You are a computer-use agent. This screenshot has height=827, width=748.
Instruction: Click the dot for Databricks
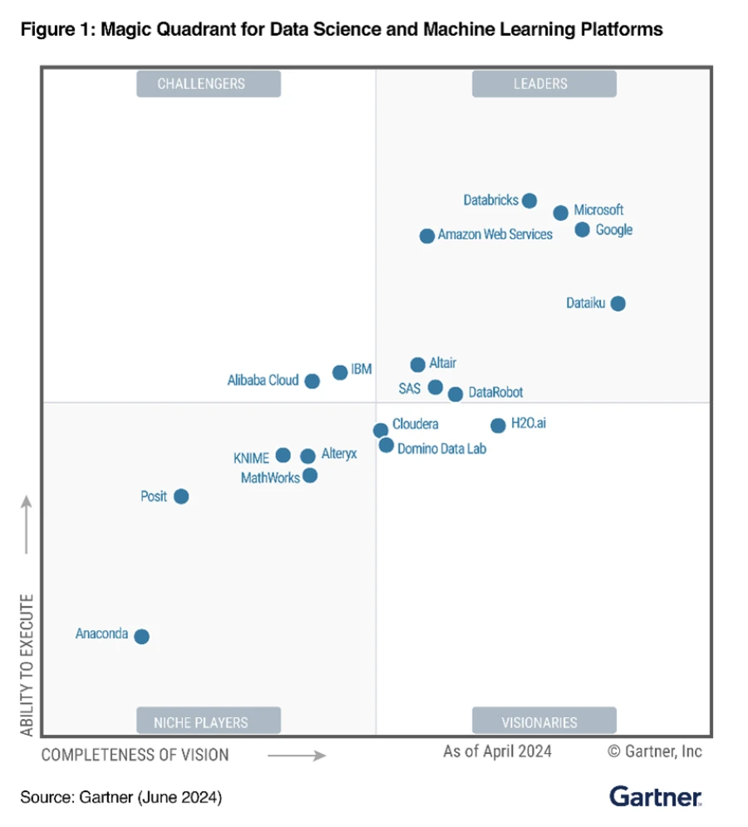(529, 200)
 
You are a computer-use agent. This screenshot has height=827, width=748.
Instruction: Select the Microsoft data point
(561, 213)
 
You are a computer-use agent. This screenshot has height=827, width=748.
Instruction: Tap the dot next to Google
(582, 229)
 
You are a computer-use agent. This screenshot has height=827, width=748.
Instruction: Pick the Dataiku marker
(618, 303)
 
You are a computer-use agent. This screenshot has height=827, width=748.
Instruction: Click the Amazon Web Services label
(495, 235)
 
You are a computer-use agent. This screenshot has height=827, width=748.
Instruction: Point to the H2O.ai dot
(498, 426)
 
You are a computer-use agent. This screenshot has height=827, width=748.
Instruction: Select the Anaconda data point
(141, 637)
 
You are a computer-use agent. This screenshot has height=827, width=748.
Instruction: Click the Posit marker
(181, 496)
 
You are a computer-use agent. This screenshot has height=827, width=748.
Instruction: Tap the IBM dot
(340, 372)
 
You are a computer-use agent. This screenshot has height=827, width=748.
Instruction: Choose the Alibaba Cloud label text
(263, 381)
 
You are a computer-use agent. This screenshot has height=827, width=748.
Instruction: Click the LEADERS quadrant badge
(544, 84)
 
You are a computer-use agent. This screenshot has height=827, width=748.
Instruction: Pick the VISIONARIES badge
(544, 721)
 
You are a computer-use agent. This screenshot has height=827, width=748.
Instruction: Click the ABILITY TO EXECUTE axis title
(27, 665)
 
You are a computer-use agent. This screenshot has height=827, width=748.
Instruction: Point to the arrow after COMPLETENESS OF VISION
(296, 756)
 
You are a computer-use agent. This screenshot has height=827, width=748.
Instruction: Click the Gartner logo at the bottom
(656, 796)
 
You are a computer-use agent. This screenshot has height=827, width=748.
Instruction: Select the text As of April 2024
(497, 751)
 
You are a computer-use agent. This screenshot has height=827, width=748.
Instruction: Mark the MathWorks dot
(310, 475)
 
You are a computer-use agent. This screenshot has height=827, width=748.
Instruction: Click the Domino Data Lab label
(441, 448)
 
